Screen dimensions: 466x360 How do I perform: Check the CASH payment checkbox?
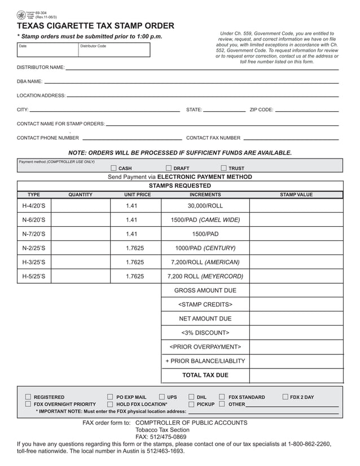click(114, 168)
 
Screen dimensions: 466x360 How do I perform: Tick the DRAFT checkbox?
click(169, 168)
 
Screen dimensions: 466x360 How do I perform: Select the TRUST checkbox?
click(224, 168)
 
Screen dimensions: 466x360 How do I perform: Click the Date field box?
click(47, 50)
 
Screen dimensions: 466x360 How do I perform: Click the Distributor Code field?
click(114, 50)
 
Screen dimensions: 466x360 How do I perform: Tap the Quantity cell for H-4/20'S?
click(80, 206)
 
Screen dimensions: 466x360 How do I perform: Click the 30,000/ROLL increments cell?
click(205, 206)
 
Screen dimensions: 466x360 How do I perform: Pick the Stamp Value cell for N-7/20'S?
click(296, 234)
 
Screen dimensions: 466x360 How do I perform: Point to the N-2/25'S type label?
click(34, 248)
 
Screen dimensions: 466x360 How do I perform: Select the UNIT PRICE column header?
click(137, 195)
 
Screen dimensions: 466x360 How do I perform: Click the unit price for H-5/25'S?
click(135, 276)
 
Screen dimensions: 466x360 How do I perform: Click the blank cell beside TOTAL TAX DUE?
click(296, 375)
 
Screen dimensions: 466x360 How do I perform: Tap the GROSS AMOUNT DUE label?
click(205, 291)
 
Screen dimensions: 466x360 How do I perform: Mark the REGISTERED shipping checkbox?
click(28, 397)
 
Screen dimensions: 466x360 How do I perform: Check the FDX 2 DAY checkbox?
click(285, 397)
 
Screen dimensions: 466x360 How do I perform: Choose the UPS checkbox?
click(162, 397)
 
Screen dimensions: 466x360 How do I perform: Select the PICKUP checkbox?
click(192, 405)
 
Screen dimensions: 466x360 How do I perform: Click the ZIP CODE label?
click(261, 110)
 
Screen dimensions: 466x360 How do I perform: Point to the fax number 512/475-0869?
click(161, 437)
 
